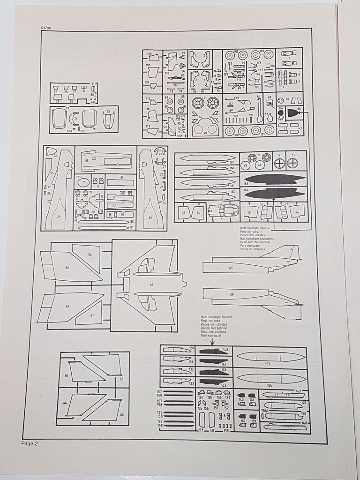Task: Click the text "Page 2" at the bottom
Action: click(x=29, y=443)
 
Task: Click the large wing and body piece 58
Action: click(x=151, y=285)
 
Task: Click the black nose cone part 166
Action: click(x=294, y=113)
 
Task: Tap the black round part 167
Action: click(x=280, y=113)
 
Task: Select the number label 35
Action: click(x=87, y=160)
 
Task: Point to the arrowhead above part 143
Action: click(x=210, y=343)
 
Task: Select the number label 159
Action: click(x=231, y=162)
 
